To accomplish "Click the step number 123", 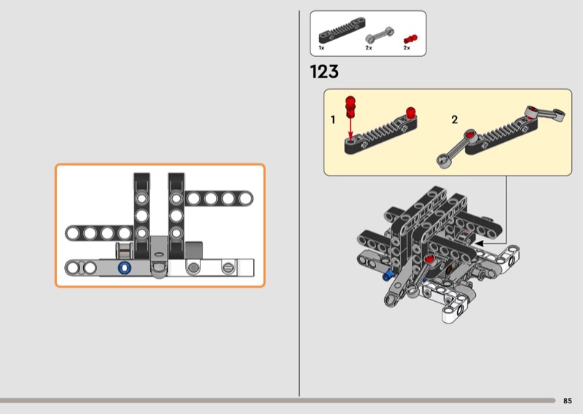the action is coord(324,71).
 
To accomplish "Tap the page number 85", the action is coord(568,401).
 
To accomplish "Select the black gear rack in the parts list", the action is coord(342,30).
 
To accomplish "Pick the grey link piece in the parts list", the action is coord(379,34).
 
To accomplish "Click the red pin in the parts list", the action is coord(410,39).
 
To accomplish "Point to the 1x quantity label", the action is coord(321,47).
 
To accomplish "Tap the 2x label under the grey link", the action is coord(369,47).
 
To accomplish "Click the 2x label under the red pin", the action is coord(407,47).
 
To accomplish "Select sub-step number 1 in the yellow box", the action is coord(333,120).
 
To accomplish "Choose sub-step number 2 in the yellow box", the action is coord(454,120).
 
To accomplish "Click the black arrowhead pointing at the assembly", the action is coord(480,243).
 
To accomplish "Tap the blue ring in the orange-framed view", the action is coord(125,267).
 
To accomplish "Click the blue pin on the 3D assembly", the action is coord(388,276).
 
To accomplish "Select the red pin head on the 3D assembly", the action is coord(429,259).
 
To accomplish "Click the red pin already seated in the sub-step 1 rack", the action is coord(410,113).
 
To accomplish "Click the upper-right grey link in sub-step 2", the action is coord(545,113).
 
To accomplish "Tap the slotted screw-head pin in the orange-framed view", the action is coord(228,267).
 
